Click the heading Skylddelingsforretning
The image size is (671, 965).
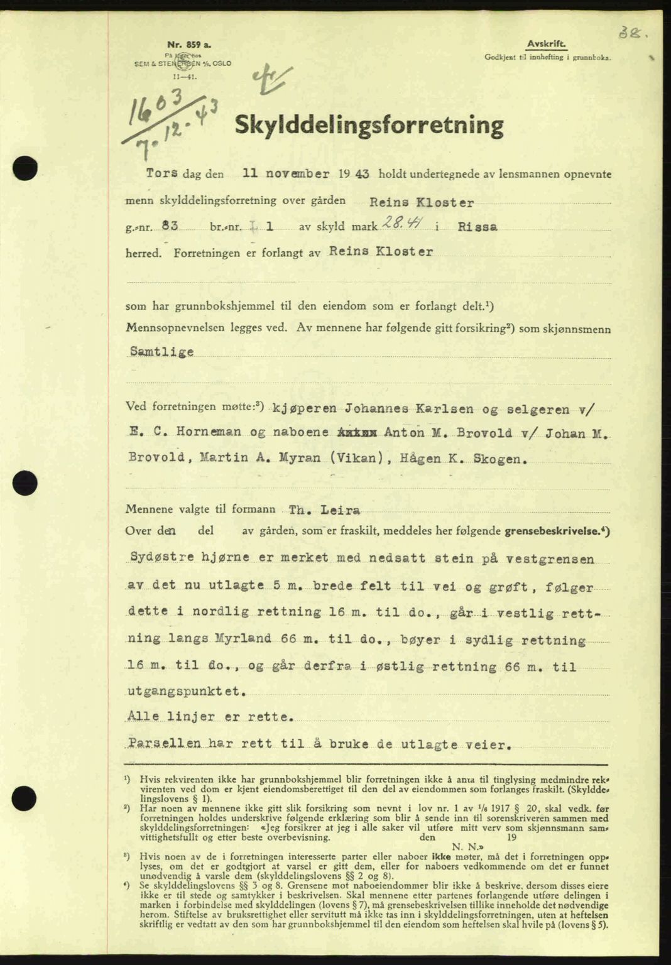pos(368,127)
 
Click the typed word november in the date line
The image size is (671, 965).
pos(293,172)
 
